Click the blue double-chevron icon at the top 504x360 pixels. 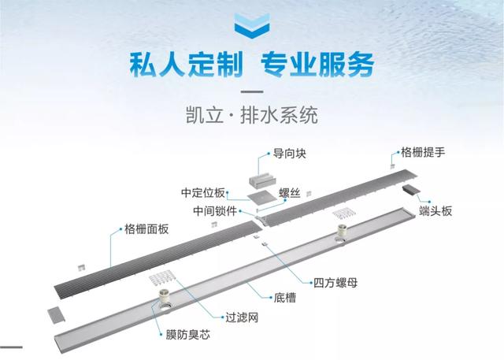pos(252,26)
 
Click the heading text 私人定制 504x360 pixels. pos(186,65)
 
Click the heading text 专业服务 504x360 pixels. pos(318,65)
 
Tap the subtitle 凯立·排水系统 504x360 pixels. pos(252,115)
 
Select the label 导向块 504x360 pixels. pos(289,154)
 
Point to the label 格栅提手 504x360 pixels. pos(423,152)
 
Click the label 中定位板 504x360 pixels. pos(203,192)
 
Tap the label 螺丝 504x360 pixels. pos(290,193)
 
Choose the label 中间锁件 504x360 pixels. pos(215,211)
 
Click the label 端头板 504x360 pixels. pos(435,211)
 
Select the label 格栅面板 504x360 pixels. pos(146,229)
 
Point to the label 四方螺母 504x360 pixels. pos(335,283)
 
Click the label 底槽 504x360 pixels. pos(285,298)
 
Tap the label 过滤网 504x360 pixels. pos(242,317)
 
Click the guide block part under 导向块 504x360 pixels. pos(261,180)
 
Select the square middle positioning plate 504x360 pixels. pos(261,197)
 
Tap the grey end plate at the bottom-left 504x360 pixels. pos(56,314)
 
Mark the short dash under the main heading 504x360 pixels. pos(252,91)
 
